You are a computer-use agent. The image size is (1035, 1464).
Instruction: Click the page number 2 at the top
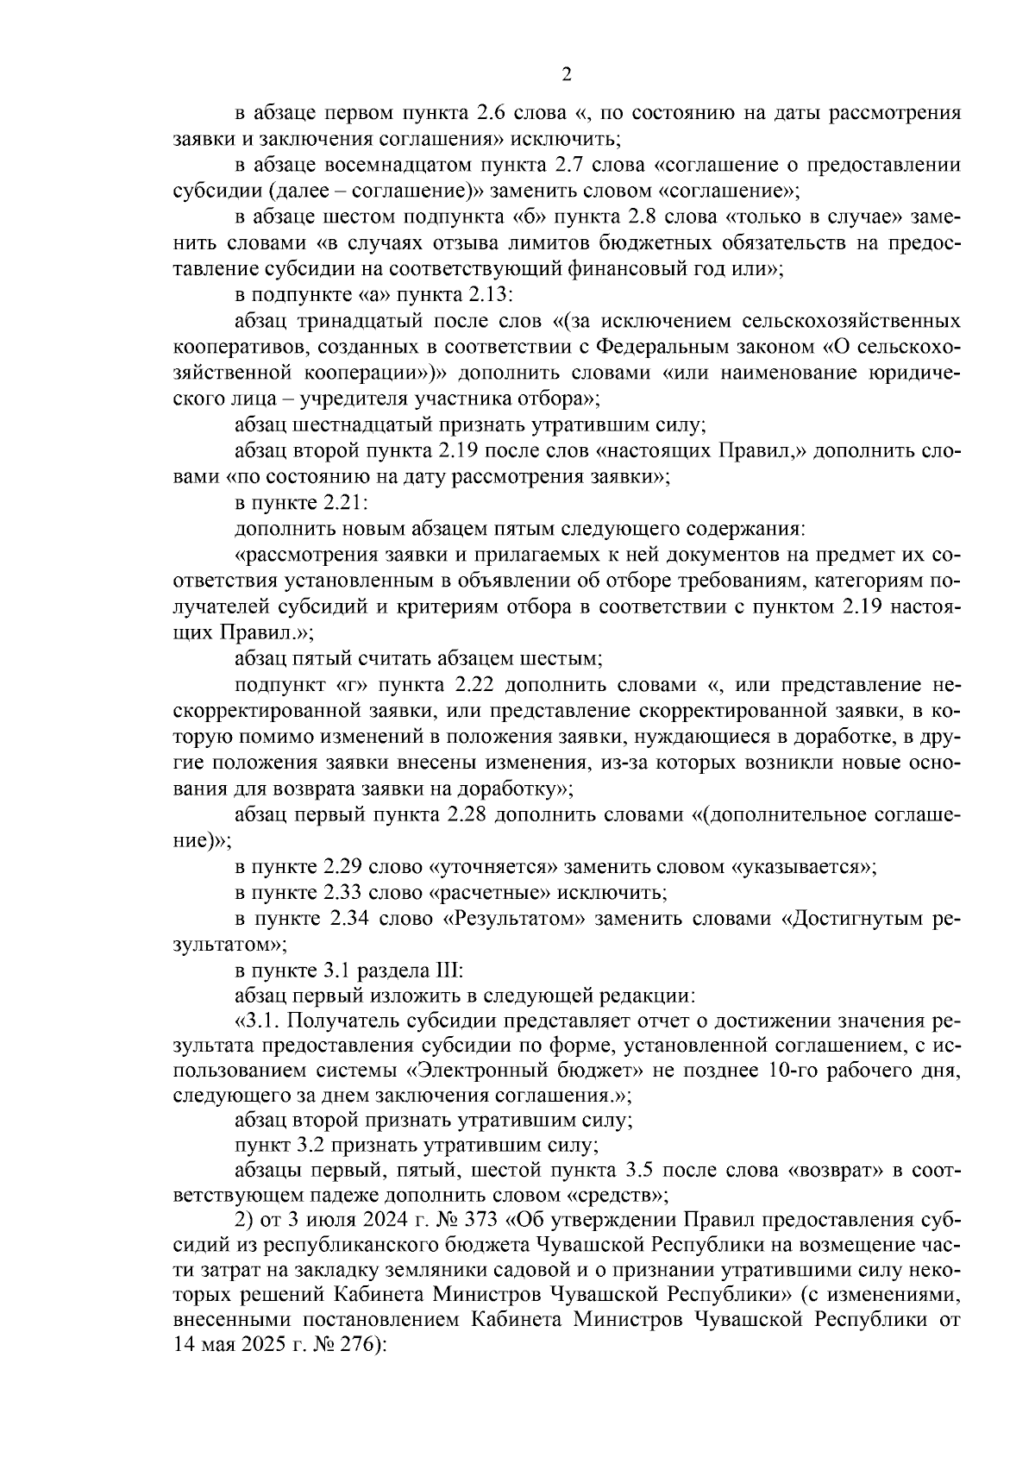pos(567,75)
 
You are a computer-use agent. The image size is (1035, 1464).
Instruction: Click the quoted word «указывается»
pos(804,867)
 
